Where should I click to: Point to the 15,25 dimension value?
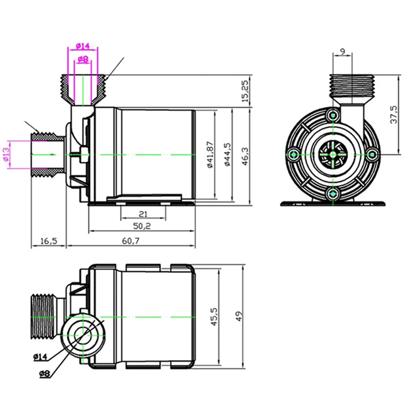(x=245, y=91)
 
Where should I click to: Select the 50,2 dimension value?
(x=142, y=226)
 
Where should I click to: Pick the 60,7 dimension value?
(x=130, y=241)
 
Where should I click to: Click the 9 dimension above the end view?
(x=343, y=50)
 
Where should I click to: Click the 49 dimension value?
(x=239, y=317)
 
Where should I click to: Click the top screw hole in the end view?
(x=332, y=116)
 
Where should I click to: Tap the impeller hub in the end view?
(x=332, y=154)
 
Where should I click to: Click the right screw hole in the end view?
(x=371, y=154)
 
